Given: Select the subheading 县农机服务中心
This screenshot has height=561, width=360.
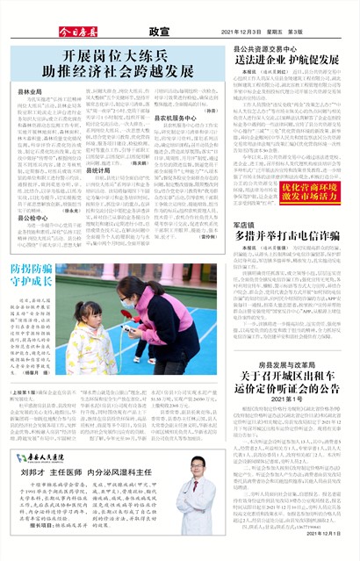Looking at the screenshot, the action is point(179,117).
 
